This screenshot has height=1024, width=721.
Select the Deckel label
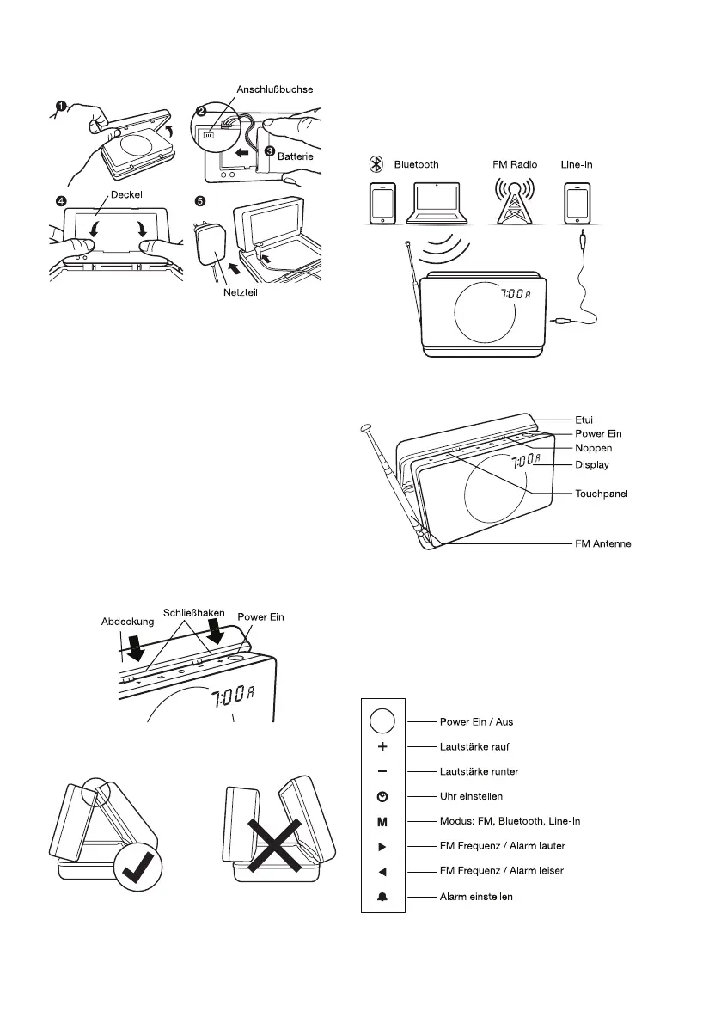pyautogui.click(x=101, y=193)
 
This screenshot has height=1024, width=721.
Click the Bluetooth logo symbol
pyautogui.click(x=376, y=163)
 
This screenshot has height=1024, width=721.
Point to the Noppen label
pyautogui.click(x=593, y=448)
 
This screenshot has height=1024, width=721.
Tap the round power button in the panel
pyautogui.click(x=382, y=720)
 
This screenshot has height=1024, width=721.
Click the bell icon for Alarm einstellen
pyautogui.click(x=382, y=897)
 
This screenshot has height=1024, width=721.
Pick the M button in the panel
pyautogui.click(x=382, y=821)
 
